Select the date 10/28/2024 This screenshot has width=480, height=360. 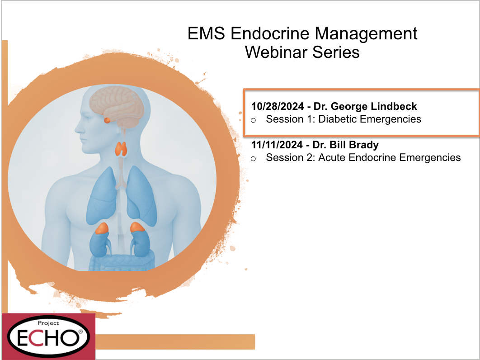[278, 106]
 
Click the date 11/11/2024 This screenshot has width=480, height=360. [277, 145]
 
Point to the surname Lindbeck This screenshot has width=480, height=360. [394, 106]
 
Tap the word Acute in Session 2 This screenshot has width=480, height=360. [332, 157]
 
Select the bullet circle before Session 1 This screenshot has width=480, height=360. [253, 120]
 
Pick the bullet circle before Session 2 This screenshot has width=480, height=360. [253, 159]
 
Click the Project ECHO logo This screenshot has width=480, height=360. [49, 336]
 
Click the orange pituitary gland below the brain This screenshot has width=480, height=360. [107, 120]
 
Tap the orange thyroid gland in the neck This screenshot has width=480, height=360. [121, 149]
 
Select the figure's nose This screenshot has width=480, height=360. [77, 128]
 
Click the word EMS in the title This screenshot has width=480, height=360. [206, 33]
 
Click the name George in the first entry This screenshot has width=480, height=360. [349, 107]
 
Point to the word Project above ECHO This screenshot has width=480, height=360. [48, 323]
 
